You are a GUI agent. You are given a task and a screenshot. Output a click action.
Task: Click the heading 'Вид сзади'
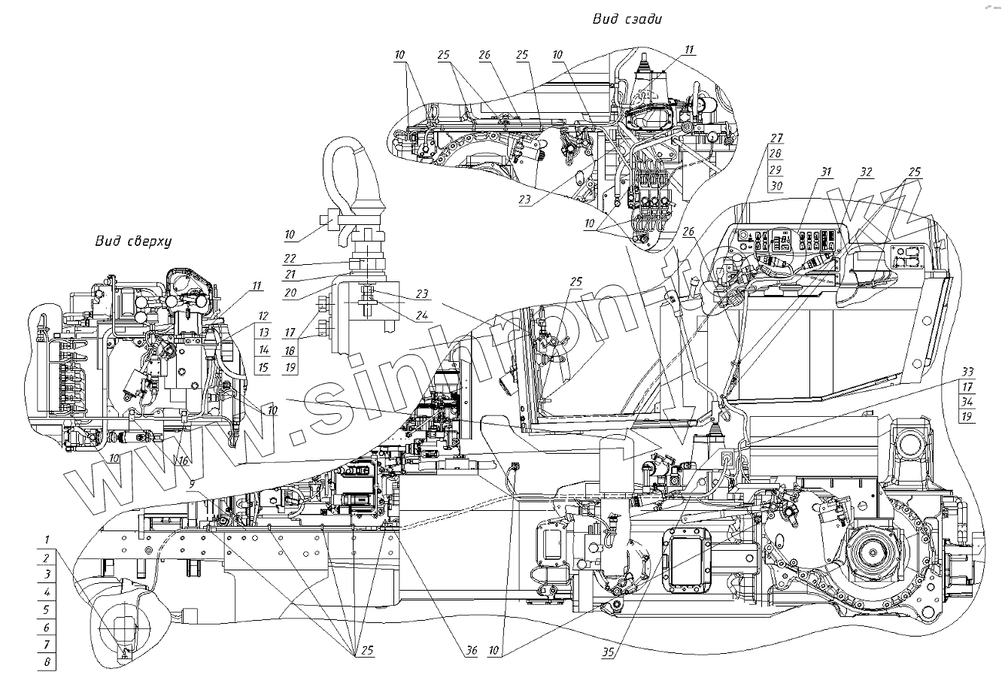(630, 19)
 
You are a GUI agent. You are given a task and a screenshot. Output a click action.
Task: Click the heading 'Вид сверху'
(134, 242)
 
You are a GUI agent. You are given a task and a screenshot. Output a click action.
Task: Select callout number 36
(471, 651)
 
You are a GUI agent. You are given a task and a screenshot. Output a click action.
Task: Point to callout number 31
(827, 172)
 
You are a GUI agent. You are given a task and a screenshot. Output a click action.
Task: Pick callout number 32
(866, 172)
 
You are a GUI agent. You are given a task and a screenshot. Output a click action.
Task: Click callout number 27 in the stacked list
(776, 138)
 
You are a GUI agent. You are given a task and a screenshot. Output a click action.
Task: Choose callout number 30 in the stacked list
(776, 187)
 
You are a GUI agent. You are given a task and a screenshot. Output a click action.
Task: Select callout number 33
(967, 371)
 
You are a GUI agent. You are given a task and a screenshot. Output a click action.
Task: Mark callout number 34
(967, 402)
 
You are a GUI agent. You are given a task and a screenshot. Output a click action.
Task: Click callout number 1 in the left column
(47, 540)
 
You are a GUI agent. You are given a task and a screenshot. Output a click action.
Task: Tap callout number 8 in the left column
(47, 663)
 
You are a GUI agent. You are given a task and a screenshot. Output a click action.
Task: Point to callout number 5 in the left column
(47, 609)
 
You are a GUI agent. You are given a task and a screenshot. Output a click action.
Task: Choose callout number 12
(263, 316)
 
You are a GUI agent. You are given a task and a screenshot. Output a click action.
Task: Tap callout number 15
(263, 368)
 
